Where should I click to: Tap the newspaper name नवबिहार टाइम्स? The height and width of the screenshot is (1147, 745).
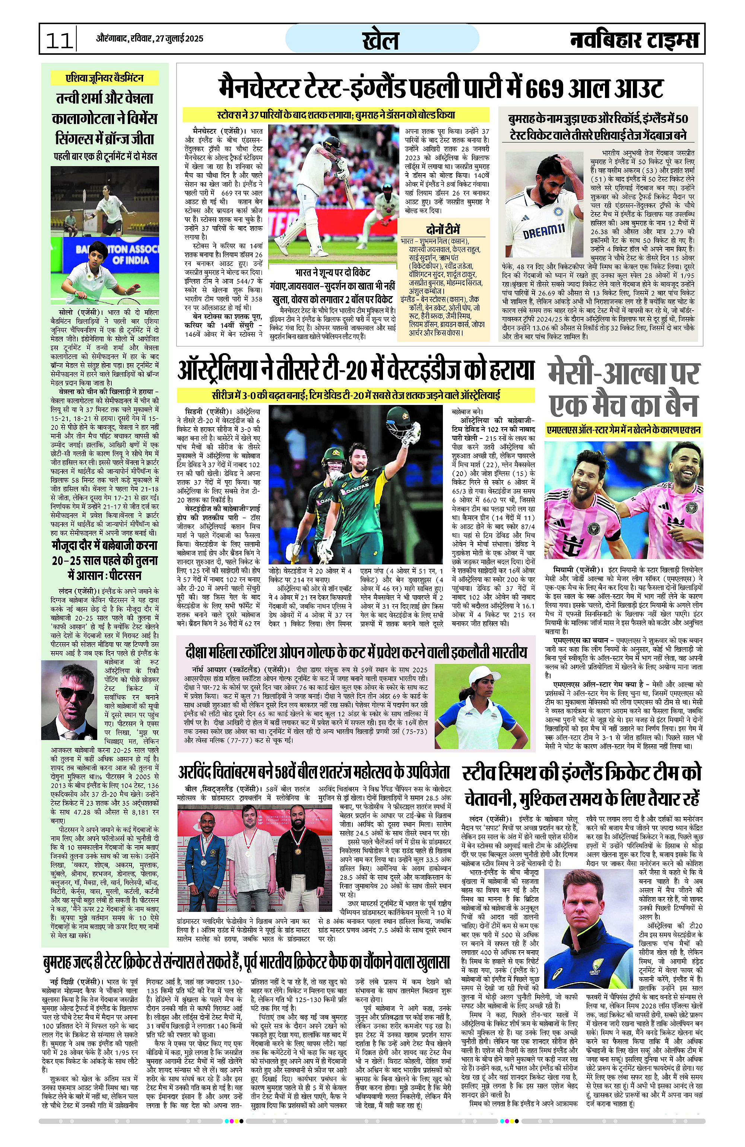[x=634, y=40]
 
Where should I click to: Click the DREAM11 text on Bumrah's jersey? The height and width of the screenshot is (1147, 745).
[x=543, y=231]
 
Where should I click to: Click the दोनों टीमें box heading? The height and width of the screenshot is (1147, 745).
[x=443, y=229]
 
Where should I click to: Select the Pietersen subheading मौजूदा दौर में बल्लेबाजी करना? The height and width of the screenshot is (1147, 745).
[x=105, y=545]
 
